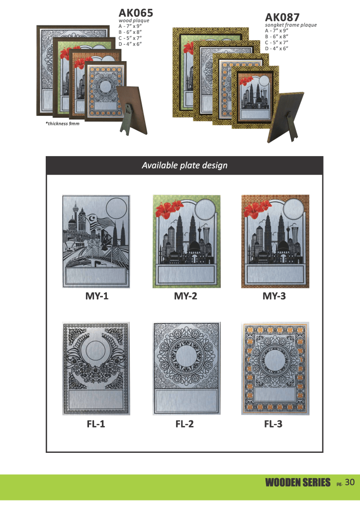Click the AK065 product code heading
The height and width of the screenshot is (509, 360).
coord(136,12)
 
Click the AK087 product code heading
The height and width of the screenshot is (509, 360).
coord(282,17)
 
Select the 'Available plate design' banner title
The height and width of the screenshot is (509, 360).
coord(184,166)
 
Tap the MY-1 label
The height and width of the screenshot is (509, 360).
coord(97,296)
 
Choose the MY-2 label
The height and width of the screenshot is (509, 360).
coord(185,296)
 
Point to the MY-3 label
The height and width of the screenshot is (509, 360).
coord(274,296)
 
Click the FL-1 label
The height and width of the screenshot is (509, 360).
coord(96,424)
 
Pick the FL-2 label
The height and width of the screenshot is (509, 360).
coord(184,424)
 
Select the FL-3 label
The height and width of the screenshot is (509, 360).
coord(273,424)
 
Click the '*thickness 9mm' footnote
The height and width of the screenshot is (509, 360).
coord(62,124)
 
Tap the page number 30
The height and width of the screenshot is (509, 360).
coord(350,482)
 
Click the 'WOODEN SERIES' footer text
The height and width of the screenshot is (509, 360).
coord(298,483)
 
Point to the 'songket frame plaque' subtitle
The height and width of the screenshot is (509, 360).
coord(291,25)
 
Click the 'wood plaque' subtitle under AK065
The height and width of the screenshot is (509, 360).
coord(134,20)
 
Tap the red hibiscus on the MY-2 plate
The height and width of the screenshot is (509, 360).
coord(170,208)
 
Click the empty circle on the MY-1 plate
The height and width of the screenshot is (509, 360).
coord(116,207)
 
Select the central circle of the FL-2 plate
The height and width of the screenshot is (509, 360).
coord(185,355)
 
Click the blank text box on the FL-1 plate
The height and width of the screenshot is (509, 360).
coord(96,399)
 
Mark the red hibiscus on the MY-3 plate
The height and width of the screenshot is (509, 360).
coord(258,208)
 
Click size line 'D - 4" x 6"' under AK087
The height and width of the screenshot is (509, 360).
coord(276,48)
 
